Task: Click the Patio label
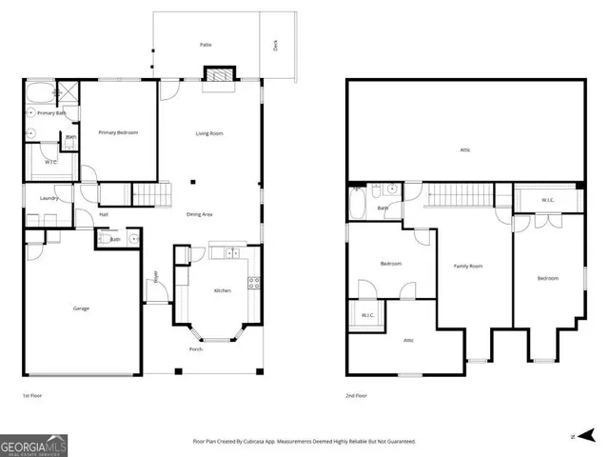point(205,45)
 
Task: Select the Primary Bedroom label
point(119,132)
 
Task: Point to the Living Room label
point(209,132)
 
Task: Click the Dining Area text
point(200,213)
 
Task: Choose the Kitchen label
point(222,290)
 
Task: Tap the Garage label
point(82,308)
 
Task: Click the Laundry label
point(49,198)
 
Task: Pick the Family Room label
point(467,266)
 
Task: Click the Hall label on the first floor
point(104,214)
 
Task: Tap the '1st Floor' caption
point(32,394)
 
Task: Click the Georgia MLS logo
point(33,443)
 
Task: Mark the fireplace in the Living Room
point(219,76)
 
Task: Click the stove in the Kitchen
point(254,282)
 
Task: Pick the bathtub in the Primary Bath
point(40,93)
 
